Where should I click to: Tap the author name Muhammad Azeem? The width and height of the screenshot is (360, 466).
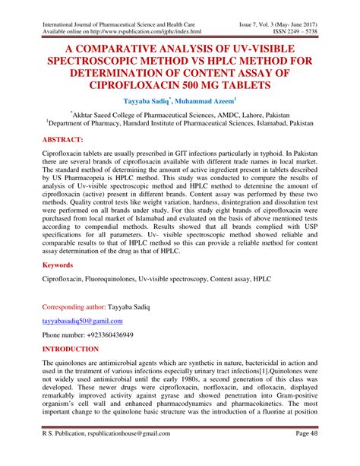coord(206,100)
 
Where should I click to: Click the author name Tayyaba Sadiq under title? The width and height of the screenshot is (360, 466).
coord(149,100)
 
